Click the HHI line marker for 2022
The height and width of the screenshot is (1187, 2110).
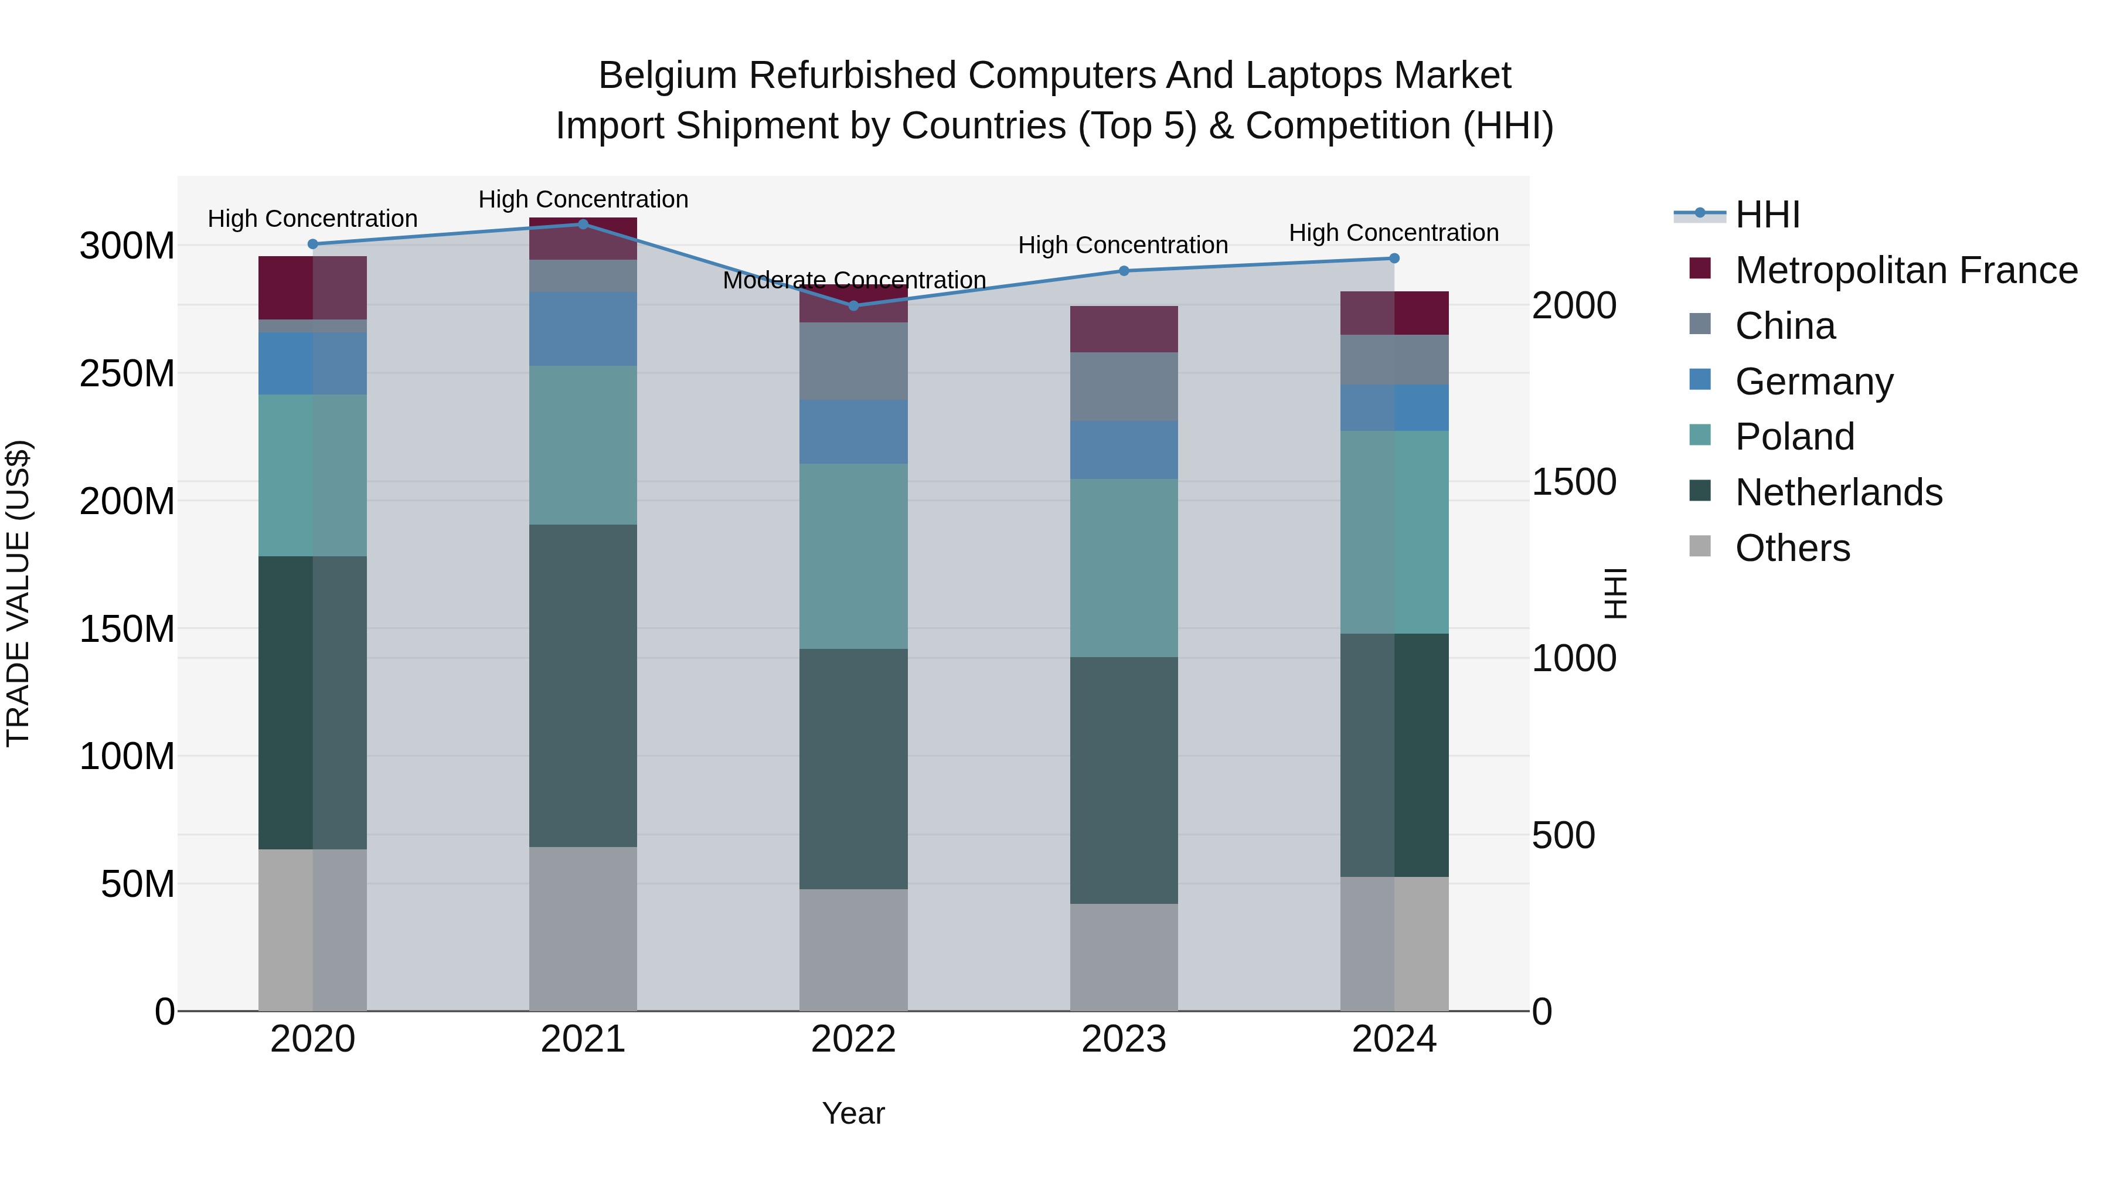click(853, 305)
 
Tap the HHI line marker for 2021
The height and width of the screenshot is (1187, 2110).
click(583, 224)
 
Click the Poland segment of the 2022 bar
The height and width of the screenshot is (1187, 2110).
click(853, 556)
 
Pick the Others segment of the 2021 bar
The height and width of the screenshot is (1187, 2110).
click(583, 929)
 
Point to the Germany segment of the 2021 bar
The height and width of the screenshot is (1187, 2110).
click(583, 328)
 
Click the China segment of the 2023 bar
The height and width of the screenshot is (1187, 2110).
click(1124, 387)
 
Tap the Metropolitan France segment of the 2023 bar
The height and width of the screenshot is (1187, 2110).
click(1124, 329)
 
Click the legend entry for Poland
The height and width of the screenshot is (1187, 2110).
click(1794, 437)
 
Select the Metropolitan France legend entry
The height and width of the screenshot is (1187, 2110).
click(1905, 270)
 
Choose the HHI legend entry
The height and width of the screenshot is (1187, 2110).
click(1767, 215)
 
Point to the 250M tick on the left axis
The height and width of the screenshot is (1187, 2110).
click(127, 373)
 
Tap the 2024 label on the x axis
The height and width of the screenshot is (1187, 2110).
click(1394, 1039)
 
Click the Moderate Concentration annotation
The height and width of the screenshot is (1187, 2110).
click(853, 280)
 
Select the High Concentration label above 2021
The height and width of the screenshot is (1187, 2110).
click(583, 199)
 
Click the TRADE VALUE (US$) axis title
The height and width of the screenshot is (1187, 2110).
click(18, 593)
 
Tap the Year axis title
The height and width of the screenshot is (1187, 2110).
click(853, 1113)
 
